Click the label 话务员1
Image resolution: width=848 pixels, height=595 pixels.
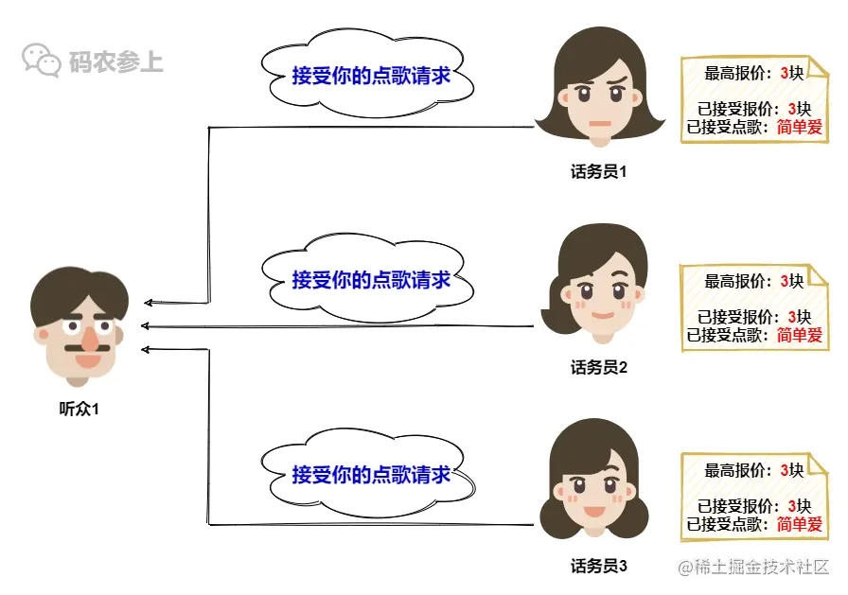[x=598, y=172]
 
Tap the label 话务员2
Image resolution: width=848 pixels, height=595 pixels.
[x=598, y=368]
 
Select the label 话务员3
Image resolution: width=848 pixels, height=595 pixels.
[x=598, y=566]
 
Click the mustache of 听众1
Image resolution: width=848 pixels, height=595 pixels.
[x=85, y=348]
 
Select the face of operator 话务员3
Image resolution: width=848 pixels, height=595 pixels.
[x=594, y=492]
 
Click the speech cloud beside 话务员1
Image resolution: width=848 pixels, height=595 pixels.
[x=370, y=76]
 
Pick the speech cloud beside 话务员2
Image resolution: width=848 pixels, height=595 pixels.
[x=370, y=279]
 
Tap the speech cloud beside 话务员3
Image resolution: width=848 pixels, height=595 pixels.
[x=370, y=473]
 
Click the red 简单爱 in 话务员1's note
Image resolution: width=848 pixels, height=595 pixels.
[x=799, y=127]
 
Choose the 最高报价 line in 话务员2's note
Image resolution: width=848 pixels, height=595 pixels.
[x=753, y=281]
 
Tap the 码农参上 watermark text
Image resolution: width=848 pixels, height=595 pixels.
[x=115, y=62]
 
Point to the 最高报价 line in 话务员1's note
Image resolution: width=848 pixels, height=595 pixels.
[x=753, y=73]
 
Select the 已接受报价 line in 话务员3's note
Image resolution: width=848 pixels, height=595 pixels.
[x=753, y=506]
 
